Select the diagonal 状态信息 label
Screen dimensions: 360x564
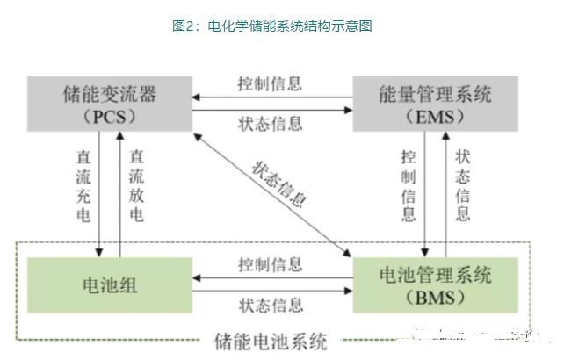coord(280,182)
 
